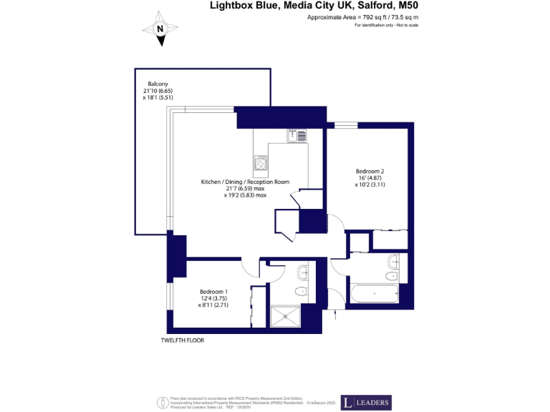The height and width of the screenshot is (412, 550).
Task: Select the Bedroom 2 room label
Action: pyautogui.click(x=370, y=171)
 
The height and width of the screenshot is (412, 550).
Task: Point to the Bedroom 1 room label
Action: pyautogui.click(x=213, y=292)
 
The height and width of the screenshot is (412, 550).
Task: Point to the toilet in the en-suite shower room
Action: pyautogui.click(x=302, y=291)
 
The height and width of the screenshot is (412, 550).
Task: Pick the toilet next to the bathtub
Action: pyautogui.click(x=392, y=275)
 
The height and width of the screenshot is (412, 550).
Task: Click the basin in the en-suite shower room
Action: pyautogui.click(x=304, y=271)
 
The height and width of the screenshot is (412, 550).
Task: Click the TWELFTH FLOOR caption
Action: pyautogui.click(x=183, y=340)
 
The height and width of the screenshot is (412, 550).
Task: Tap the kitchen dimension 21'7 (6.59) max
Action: pyautogui.click(x=245, y=188)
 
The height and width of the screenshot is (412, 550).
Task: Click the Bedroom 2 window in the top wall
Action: pyautogui.click(x=347, y=125)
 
